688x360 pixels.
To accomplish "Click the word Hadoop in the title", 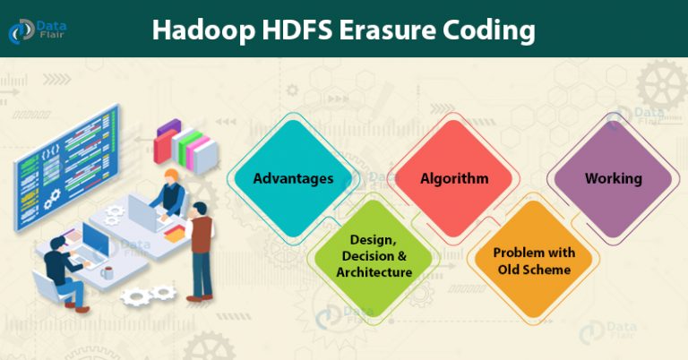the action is click(203, 30).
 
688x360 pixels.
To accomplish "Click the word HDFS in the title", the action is click(297, 30).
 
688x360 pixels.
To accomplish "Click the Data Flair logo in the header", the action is click(38, 31).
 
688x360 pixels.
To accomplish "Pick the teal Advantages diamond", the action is click(293, 178).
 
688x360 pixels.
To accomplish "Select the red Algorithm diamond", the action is click(454, 178).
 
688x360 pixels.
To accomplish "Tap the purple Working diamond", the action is click(614, 178).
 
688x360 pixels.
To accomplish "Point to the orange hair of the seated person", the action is click(172, 176).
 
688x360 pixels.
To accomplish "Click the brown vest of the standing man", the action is click(202, 234).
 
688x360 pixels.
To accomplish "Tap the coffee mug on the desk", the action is click(107, 273).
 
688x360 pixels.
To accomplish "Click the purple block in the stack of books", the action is click(168, 127).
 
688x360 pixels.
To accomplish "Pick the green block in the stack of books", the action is click(190, 146).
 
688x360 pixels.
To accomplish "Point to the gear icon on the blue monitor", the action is click(52, 199).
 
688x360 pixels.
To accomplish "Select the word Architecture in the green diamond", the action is click(374, 272).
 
